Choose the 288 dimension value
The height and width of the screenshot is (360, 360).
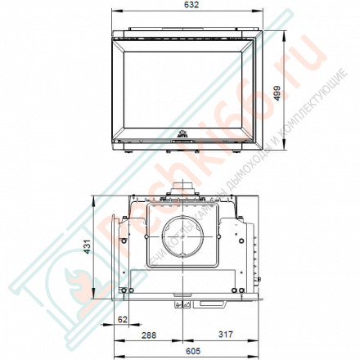pyautogui.click(x=147, y=335)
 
